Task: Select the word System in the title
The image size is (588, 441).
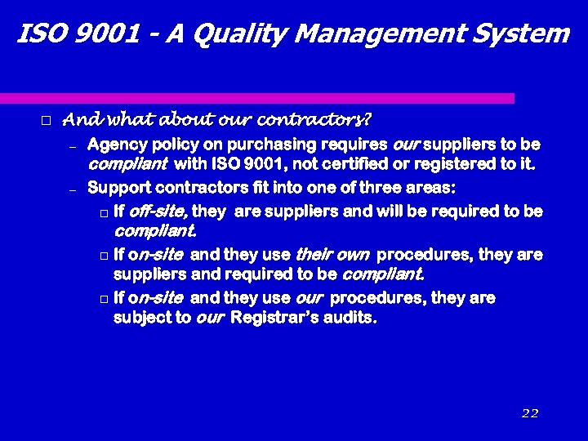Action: [519, 34]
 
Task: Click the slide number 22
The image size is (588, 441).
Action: [530, 413]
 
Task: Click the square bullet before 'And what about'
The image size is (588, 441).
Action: [46, 121]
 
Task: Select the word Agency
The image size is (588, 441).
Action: [114, 145]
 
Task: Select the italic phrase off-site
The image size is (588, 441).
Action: [158, 212]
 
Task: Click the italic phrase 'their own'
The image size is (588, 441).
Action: [333, 255]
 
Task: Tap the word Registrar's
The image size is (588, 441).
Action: [278, 318]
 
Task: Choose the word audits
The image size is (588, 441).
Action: [352, 318]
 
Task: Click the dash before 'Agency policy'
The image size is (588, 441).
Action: [72, 147]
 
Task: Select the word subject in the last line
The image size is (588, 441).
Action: [140, 318]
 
